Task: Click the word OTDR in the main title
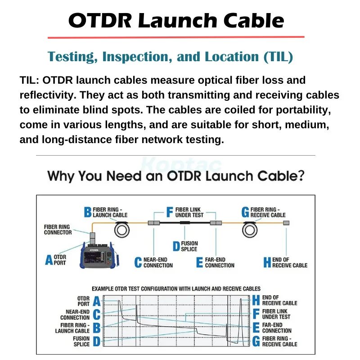click(100, 20)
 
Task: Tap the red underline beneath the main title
click(176, 37)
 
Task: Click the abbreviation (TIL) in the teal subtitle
click(278, 57)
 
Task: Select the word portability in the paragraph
click(303, 110)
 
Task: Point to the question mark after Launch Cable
click(300, 176)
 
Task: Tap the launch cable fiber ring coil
click(122, 230)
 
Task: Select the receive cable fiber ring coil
click(250, 230)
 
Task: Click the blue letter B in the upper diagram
click(88, 212)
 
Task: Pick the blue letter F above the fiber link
click(170, 212)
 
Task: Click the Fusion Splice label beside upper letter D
click(189, 246)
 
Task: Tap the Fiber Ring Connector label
click(58, 229)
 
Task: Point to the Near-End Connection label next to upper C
click(158, 262)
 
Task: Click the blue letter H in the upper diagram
click(267, 262)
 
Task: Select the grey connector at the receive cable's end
click(286, 223)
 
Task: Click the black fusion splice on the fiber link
click(185, 222)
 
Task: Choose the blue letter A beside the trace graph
click(97, 301)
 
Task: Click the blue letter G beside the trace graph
click(256, 342)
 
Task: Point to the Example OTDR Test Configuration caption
click(176, 288)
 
